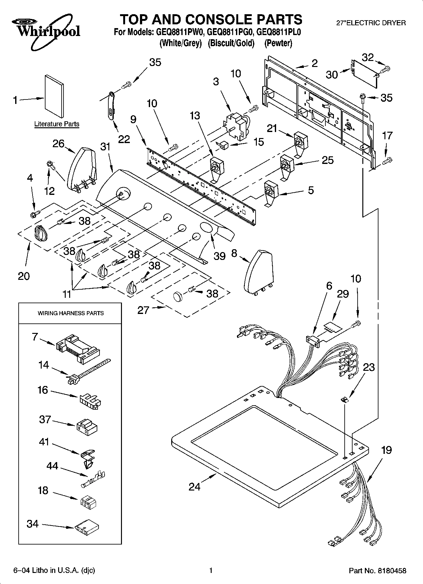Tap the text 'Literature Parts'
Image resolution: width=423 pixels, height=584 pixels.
pyautogui.click(x=57, y=124)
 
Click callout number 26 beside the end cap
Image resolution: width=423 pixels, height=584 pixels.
pyautogui.click(x=58, y=144)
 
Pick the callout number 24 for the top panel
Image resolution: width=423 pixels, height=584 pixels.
pyautogui.click(x=195, y=487)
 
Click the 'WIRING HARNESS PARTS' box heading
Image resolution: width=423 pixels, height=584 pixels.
pyautogui.click(x=71, y=313)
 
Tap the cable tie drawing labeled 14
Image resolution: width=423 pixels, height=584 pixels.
pyautogui.click(x=88, y=371)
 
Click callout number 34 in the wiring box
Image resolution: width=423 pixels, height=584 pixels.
pyautogui.click(x=33, y=524)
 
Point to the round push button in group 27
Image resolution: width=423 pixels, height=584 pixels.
pyautogui.click(x=178, y=297)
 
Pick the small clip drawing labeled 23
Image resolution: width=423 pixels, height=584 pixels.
pyautogui.click(x=345, y=400)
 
